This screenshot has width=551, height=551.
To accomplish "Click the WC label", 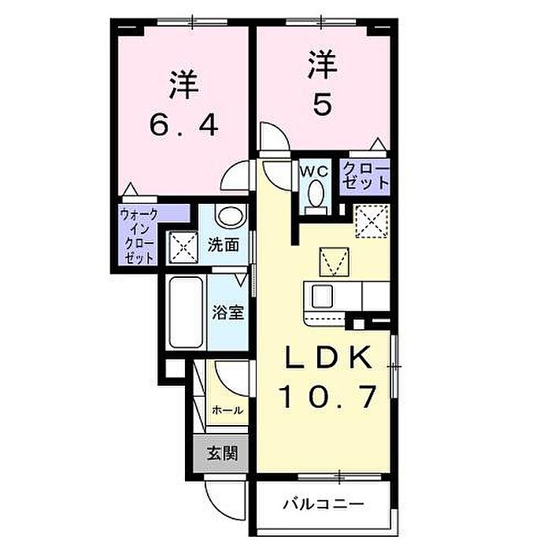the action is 314,171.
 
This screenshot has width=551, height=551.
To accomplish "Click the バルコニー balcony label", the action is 324,505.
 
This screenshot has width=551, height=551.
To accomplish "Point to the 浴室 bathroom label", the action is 228,312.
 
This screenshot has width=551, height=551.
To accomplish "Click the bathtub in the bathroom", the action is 186,312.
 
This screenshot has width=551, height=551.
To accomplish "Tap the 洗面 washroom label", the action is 224,245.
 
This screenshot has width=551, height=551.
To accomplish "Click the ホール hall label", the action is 227,410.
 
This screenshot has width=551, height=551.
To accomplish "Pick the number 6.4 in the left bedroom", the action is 184,126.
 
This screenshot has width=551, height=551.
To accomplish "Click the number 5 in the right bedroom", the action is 322,105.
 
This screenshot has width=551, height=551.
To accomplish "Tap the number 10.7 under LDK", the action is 328,397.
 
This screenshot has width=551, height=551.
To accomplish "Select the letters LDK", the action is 328,357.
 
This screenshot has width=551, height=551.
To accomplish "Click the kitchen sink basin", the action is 322,296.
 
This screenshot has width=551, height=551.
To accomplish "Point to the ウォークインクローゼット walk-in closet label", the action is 139,236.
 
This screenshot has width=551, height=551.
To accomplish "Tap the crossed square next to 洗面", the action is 183,247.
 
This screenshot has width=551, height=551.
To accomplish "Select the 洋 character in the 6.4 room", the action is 184,85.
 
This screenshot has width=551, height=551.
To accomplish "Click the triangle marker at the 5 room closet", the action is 378,144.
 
